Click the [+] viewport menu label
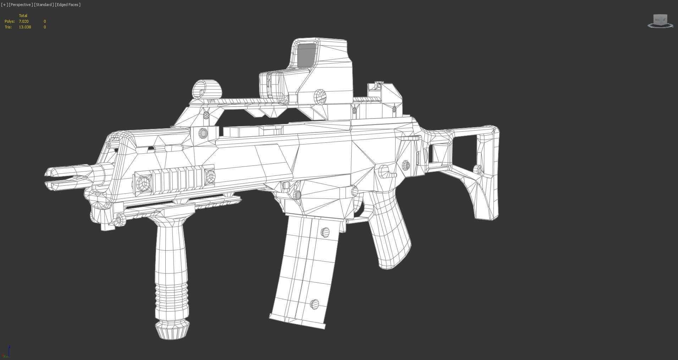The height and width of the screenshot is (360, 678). pos(4,5)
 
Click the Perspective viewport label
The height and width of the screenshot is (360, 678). pos(21,5)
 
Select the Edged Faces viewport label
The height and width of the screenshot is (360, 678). pos(68,5)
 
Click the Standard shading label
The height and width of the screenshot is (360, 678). pos(44,5)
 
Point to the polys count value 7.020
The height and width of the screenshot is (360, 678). pos(24,21)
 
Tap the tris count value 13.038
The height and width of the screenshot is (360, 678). pos(25,27)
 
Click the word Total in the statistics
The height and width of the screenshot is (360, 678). pos(23,16)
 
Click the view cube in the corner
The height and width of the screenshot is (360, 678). pos(660,21)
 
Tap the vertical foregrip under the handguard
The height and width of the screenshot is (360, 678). pos(171,263)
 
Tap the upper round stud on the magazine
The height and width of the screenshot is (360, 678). pos(325,233)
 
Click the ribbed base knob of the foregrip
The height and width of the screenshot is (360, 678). pos(172,329)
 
